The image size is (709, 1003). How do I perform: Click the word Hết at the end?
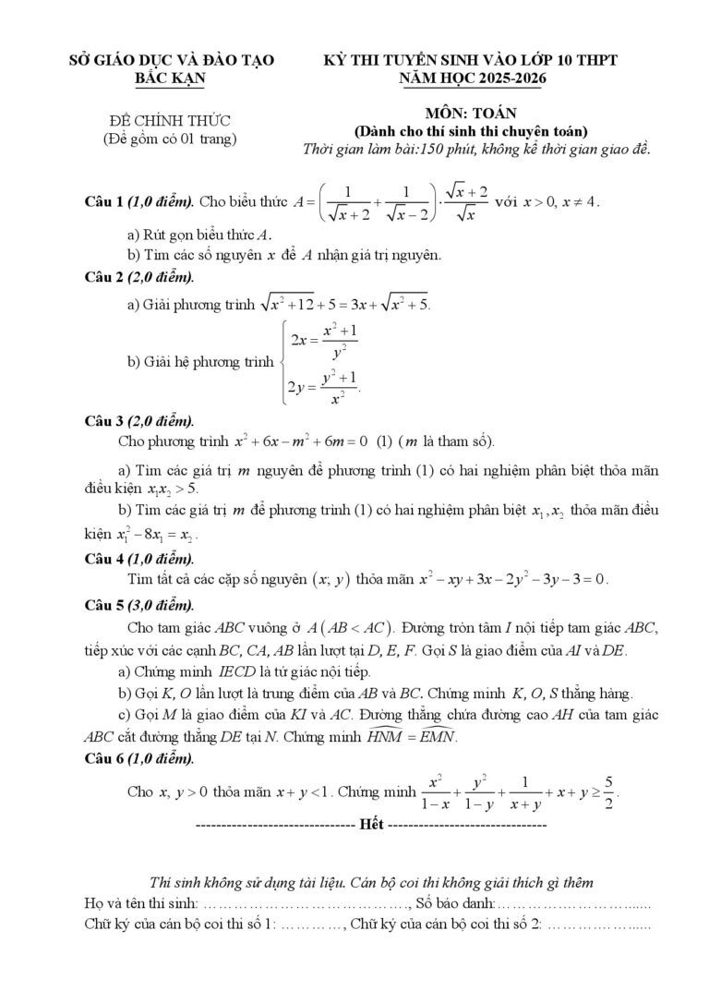(x=372, y=822)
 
